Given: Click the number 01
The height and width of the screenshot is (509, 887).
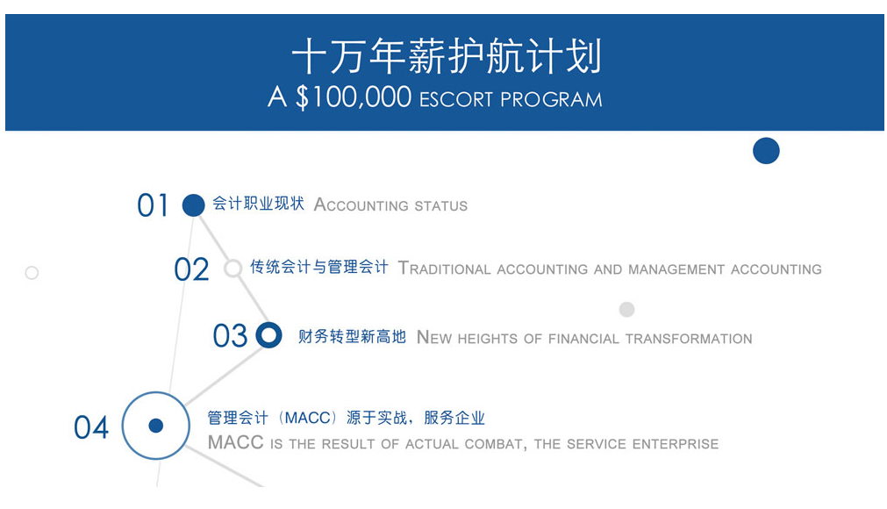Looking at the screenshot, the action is coord(153,205).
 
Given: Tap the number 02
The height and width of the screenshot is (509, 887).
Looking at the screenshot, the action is coord(191,269).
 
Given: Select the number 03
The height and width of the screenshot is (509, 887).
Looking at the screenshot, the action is coord(230,335).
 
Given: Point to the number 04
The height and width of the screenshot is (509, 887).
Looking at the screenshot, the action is coord(91,427).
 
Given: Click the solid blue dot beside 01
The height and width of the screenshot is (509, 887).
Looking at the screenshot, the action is coord(194,205).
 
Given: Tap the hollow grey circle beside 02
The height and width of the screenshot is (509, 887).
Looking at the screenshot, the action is coord(233,268).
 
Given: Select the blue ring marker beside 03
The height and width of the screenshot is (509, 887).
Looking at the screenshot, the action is coord(268,335).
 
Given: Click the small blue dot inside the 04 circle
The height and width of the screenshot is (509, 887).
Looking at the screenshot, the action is coord(156,426).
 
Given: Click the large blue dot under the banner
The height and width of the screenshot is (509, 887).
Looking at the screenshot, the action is coord(766,151).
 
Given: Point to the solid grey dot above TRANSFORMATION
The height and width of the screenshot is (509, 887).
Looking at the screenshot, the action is coord(626,310).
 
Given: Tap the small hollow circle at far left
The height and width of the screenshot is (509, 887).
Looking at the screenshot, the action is coord(32,273).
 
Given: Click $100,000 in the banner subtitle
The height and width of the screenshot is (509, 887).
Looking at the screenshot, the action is coord(354,97).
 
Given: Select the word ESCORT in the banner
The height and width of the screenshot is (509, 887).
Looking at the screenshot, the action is coord(456,99).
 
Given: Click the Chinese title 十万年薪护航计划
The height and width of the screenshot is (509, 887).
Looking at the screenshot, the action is coord(447,56).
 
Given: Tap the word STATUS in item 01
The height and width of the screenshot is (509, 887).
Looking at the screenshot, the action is coord(440,206).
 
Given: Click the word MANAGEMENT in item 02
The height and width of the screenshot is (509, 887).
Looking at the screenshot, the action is coord(676,269).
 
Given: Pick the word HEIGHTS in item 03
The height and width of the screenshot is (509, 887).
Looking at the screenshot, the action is coord(488,339).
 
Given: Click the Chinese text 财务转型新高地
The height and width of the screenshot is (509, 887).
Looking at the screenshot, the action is coord(352,336).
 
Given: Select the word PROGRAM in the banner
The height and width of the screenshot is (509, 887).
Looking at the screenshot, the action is coord(551,99).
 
